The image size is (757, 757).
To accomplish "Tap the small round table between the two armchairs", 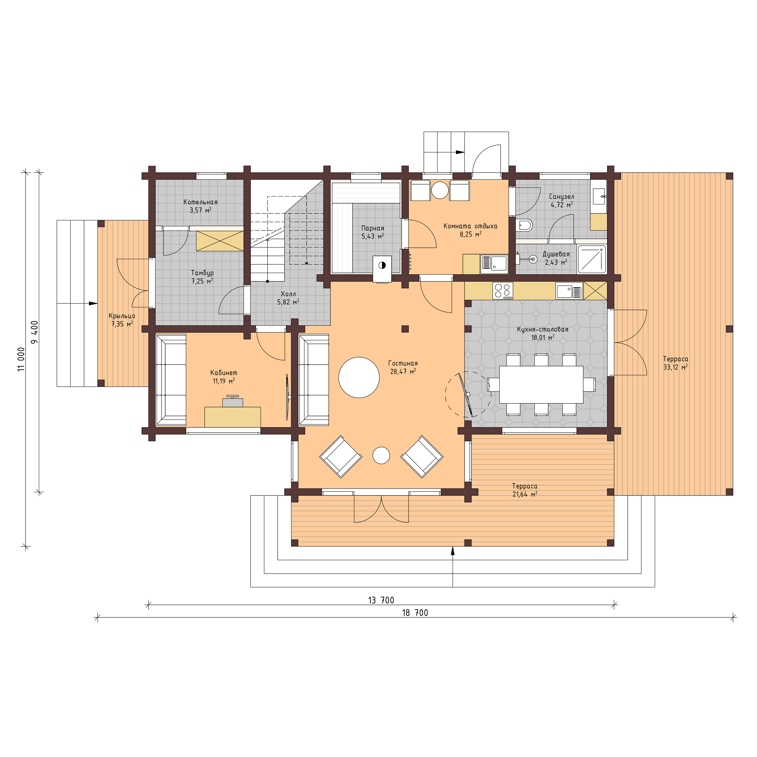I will [381, 455].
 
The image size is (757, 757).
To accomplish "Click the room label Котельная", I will [200, 202].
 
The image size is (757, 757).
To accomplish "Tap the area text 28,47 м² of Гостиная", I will [403, 371].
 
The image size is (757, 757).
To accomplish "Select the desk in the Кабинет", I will [232, 417].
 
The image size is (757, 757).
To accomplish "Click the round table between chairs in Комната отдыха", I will [440, 190].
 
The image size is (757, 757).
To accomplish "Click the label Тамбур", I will [202, 273].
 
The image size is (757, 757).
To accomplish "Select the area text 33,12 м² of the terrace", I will [675, 367].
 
